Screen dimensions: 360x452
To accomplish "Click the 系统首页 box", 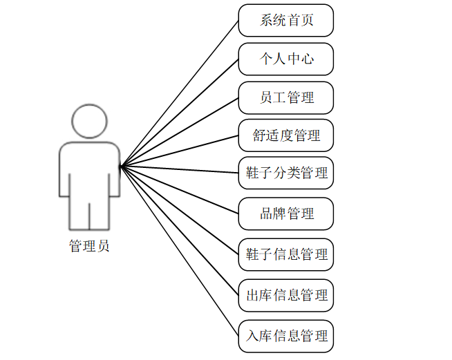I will click(286, 20).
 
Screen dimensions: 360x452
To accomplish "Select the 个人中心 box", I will click(286, 59).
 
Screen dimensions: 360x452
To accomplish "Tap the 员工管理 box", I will click(286, 97).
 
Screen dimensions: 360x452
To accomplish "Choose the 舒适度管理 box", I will click(286, 135).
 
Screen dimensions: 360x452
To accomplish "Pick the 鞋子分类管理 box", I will click(286, 173).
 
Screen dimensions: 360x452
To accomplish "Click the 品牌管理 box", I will click(286, 214).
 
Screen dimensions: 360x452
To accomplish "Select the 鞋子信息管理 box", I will click(286, 254).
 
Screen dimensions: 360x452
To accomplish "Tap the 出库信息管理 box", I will click(286, 296).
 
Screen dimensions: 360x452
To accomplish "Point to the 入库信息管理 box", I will click(286, 337).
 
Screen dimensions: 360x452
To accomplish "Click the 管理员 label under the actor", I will click(89, 246).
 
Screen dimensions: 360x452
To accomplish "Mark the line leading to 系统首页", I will click(180, 93).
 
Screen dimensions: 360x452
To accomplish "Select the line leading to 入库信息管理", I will click(180, 252).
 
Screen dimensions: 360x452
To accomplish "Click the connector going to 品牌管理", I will click(180, 190).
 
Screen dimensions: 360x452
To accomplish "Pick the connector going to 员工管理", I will click(180, 132).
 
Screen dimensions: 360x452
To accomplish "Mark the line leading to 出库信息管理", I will click(180, 231).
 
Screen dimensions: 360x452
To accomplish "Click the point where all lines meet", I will click(121, 166).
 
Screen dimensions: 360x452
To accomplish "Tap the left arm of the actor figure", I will click(64, 176).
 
